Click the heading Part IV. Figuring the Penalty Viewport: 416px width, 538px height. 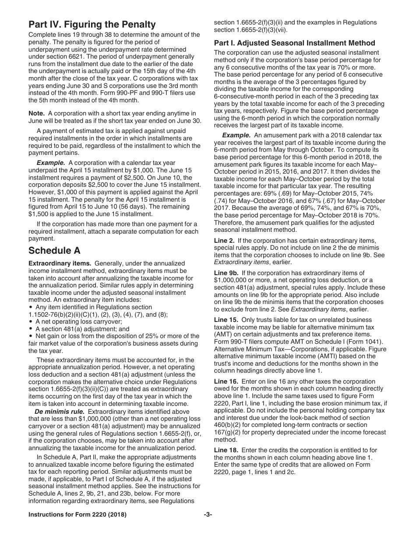click(92, 24)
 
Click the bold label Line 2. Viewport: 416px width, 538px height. click(224, 241)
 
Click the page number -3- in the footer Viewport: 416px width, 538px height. click(208, 515)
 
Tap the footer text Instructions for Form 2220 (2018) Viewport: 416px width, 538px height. click(78, 515)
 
